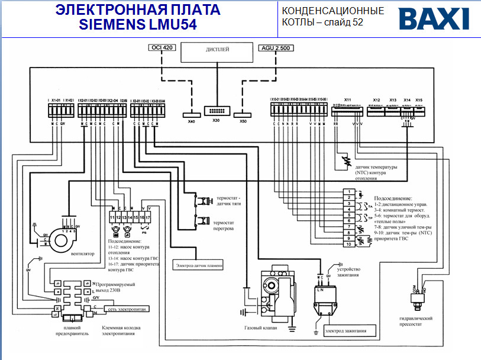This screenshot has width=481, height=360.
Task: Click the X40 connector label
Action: tap(191, 121)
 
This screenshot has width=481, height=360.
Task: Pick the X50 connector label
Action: tap(243, 121)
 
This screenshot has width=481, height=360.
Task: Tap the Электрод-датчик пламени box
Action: tap(199, 265)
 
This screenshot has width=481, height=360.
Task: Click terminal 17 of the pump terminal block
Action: tap(149, 218)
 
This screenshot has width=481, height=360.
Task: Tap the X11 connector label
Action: tap(347, 99)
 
